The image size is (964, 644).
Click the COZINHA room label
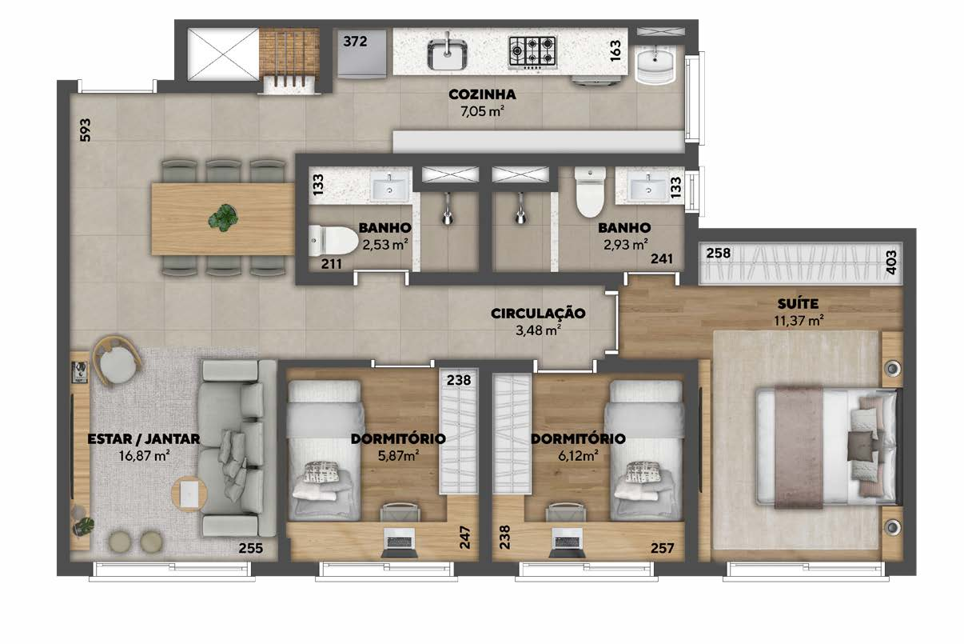coord(482,94)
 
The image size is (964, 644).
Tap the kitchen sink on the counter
coord(447,54)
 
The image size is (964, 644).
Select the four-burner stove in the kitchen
coord(532,52)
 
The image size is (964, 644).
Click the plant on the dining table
coord(223,218)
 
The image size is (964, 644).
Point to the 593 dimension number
coord(86,130)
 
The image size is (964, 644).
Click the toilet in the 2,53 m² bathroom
coord(333,240)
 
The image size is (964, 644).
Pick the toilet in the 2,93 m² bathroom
coord(591,192)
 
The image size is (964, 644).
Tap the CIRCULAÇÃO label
coord(538,313)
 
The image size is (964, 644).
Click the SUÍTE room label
coord(798,304)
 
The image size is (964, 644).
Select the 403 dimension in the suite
coord(891,262)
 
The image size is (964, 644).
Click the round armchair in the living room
coord(116,361)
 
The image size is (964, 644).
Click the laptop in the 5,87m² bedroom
coord(400,542)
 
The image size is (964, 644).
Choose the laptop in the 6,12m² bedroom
coord(567,542)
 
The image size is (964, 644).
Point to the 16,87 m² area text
coord(144,456)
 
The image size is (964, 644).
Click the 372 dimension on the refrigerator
coord(355,42)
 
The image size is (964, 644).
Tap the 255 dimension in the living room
coord(251,548)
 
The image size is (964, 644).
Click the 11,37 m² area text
coord(799,321)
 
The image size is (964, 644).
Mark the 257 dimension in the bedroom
coord(662,548)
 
